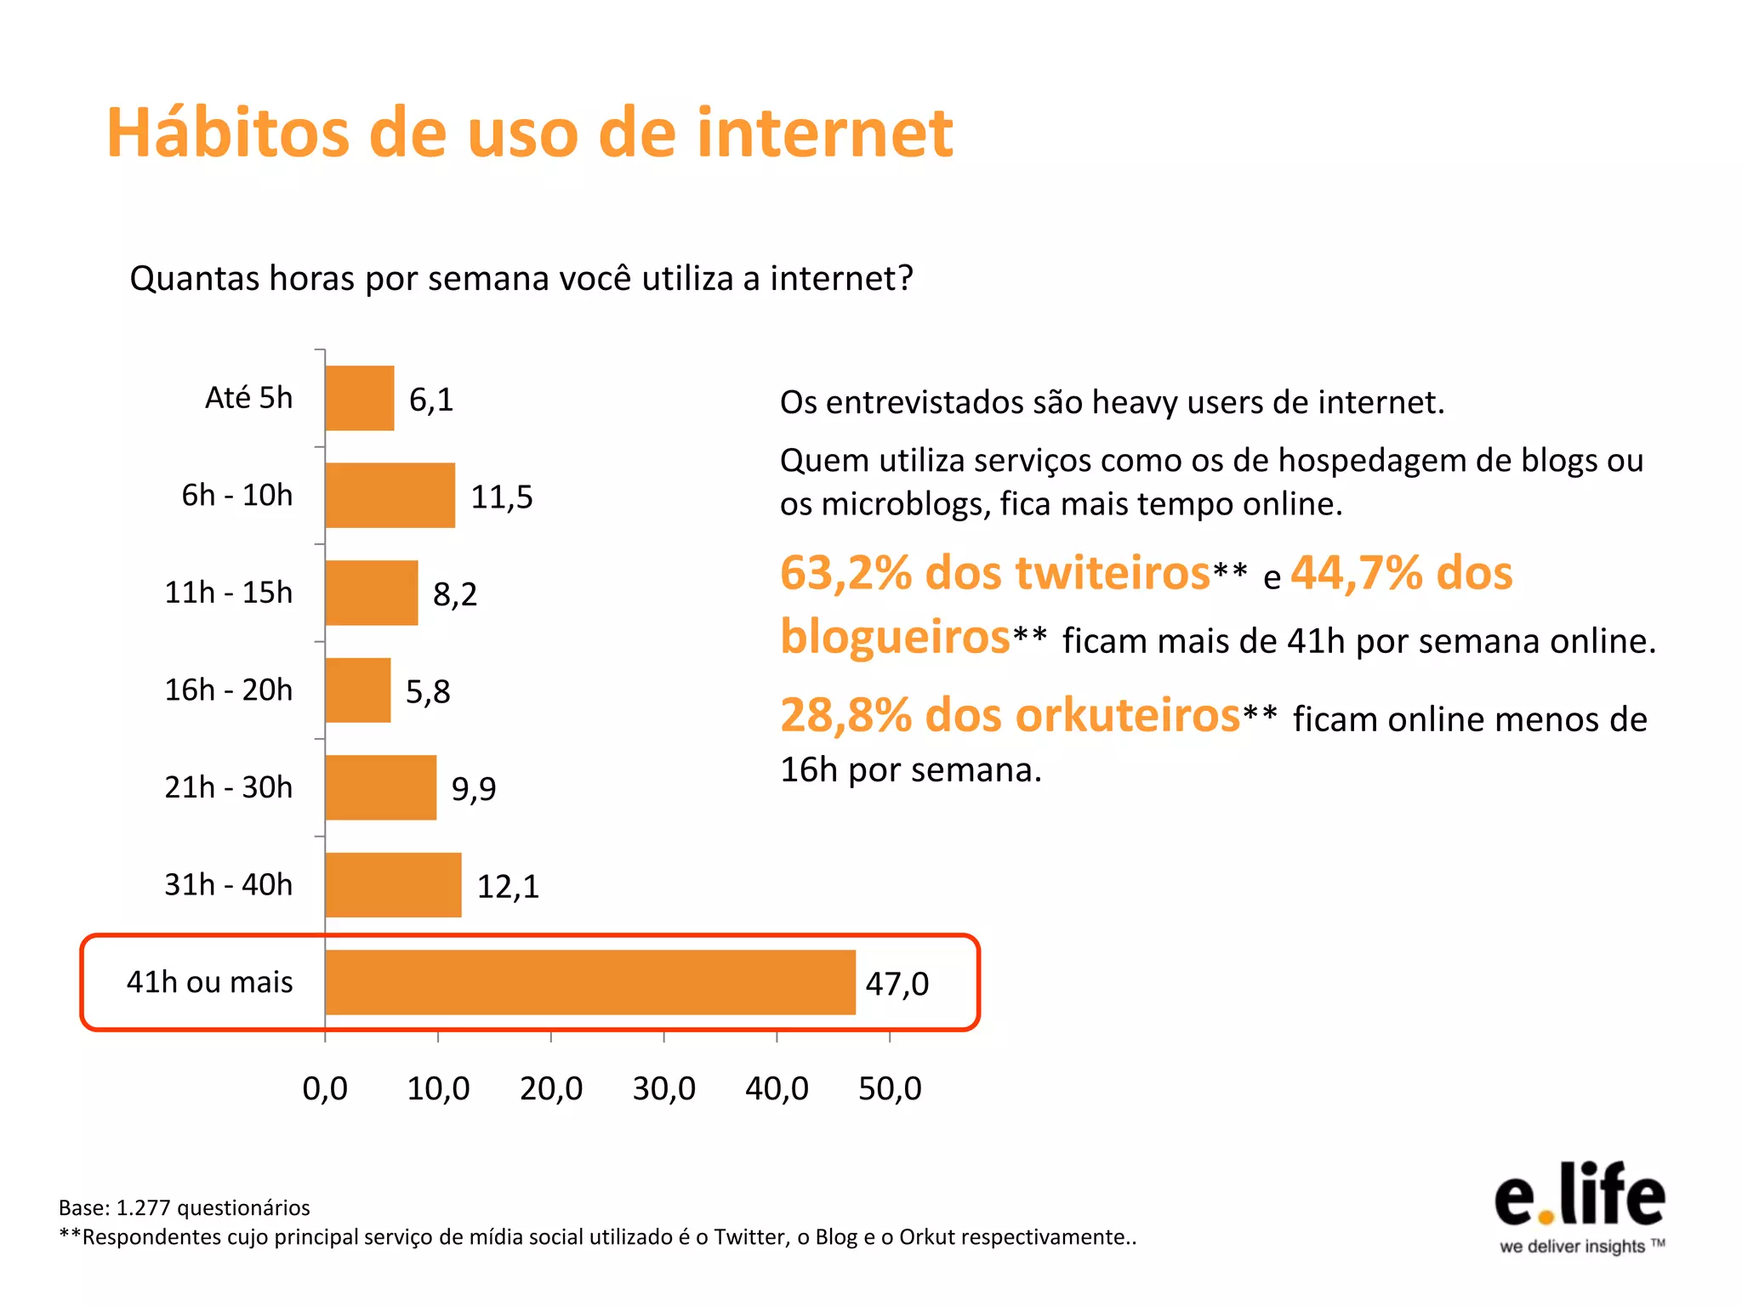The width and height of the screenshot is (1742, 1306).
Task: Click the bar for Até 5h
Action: click(360, 398)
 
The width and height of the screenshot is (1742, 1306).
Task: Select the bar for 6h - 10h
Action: click(390, 496)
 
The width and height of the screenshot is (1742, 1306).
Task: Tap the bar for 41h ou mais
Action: click(590, 982)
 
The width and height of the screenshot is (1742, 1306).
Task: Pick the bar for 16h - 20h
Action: click(358, 690)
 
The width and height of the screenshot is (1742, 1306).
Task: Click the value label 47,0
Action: click(897, 984)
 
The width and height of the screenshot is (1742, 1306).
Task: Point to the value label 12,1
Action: click(508, 887)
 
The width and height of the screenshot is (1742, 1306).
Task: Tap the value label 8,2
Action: click(455, 594)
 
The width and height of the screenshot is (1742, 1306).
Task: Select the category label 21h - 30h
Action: click(228, 787)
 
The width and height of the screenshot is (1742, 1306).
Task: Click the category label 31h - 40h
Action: click(228, 885)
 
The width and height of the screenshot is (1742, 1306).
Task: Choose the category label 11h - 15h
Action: click(228, 593)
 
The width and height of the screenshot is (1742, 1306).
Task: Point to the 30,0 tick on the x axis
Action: click(663, 1088)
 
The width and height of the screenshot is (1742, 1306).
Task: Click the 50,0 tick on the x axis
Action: click(890, 1088)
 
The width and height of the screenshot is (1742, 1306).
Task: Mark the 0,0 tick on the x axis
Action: click(325, 1088)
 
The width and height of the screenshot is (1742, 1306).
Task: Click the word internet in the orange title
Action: click(825, 133)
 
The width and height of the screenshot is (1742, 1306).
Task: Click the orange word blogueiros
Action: click(895, 637)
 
